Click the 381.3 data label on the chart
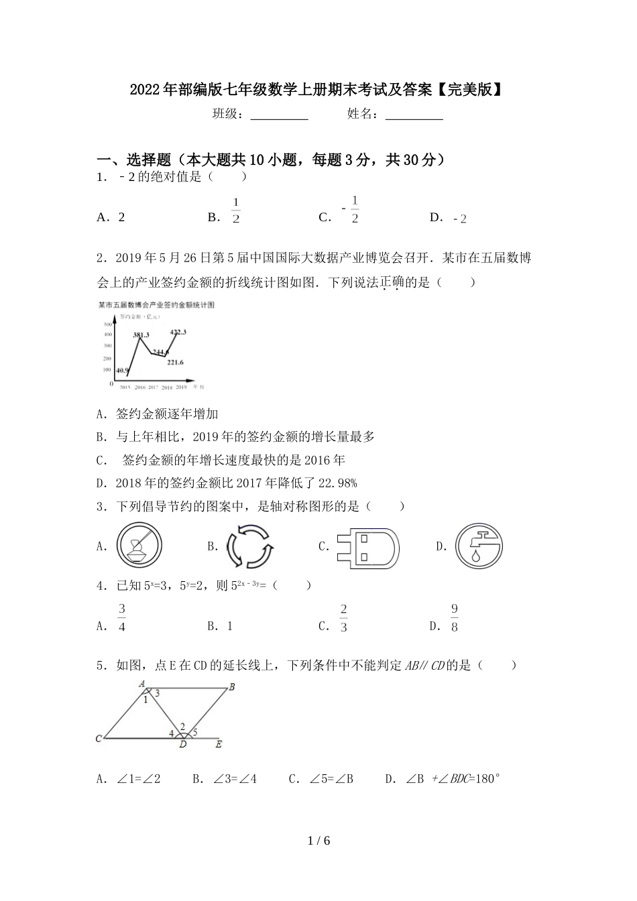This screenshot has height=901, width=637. [x=141, y=335]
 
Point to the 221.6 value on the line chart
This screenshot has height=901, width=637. [x=175, y=363]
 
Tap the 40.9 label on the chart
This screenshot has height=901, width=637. [x=122, y=370]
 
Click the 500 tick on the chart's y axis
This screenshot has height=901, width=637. [x=107, y=323]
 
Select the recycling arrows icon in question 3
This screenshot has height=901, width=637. [x=249, y=546]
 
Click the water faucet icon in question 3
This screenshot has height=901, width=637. [x=479, y=546]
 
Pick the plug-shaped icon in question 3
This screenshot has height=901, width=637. [x=367, y=547]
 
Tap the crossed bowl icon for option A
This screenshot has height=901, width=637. [x=139, y=546]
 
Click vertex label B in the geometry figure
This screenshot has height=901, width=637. [x=231, y=686]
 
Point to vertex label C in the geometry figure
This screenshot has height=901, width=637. [x=99, y=739]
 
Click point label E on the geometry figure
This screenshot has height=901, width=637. [x=218, y=743]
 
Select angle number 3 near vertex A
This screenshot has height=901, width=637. [x=157, y=694]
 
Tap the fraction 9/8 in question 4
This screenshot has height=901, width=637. [x=454, y=618]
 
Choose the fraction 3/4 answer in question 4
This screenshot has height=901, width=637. [x=122, y=618]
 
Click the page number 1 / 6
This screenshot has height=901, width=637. [x=318, y=841]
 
